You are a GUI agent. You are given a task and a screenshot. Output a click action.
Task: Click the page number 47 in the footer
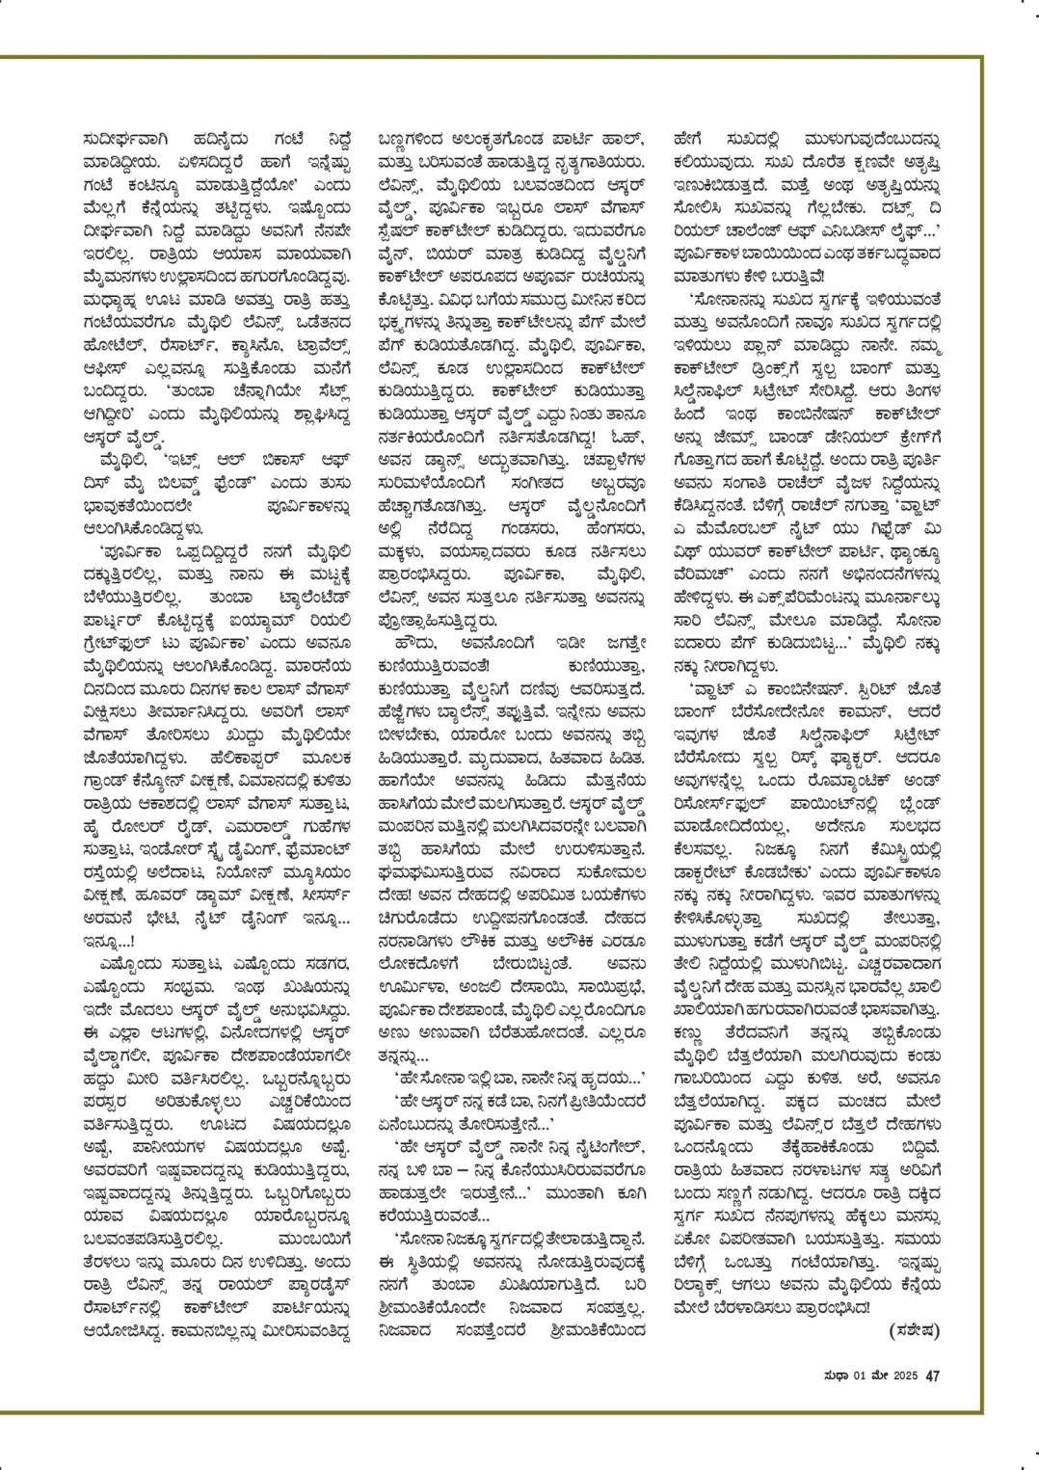(x=932, y=1376)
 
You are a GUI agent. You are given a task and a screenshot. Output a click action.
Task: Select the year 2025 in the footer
(x=902, y=1376)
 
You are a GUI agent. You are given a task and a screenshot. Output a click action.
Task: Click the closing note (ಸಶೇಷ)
(x=910, y=1331)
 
